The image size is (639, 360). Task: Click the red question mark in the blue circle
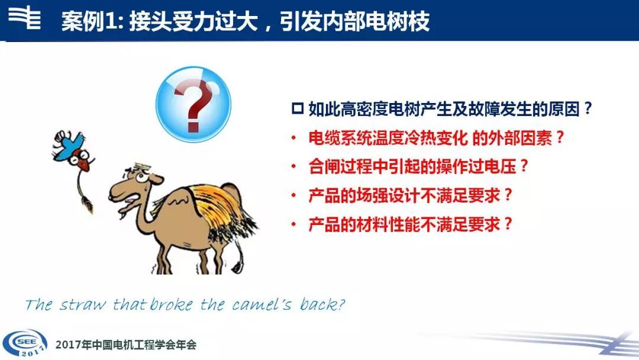(x=193, y=105)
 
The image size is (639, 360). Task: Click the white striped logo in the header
(x=25, y=18)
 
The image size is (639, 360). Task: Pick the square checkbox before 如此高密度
(x=298, y=109)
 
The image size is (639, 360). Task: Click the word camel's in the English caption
(x=262, y=304)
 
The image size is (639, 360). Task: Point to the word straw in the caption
(x=83, y=305)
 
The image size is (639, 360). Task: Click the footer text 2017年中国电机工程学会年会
(x=126, y=345)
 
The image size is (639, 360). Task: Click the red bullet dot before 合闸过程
(x=293, y=167)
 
